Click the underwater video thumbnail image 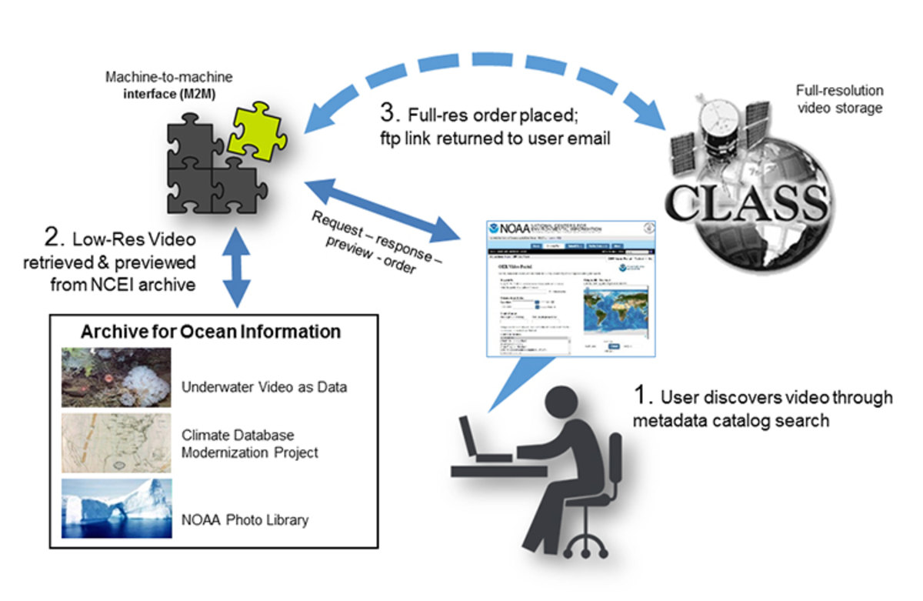click(117, 377)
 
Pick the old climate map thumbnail click(117, 443)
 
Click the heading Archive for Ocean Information click(212, 332)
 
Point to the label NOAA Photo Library click(245, 519)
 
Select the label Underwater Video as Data click(264, 386)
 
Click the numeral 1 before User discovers click(639, 397)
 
